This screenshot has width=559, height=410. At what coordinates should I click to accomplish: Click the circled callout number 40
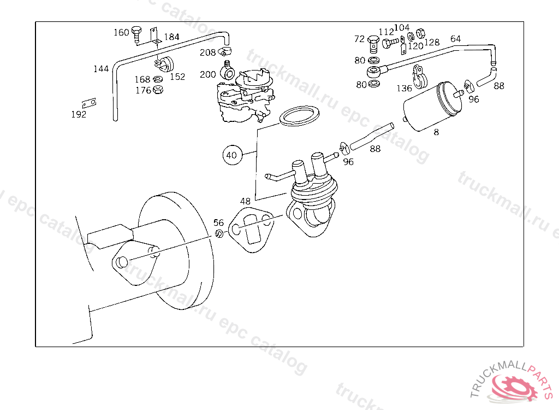(232, 155)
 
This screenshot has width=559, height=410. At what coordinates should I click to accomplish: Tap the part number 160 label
(121, 32)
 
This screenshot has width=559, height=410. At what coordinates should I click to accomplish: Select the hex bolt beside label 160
(136, 34)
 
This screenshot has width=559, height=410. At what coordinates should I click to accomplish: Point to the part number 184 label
(171, 37)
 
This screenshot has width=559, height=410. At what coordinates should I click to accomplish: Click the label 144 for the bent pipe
(101, 68)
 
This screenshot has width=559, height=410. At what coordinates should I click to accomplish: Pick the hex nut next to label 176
(158, 89)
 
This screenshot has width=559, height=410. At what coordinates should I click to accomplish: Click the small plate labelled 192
(89, 103)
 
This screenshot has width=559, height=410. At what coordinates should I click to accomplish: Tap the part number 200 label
(208, 74)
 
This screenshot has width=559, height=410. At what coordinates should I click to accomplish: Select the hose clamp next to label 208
(225, 52)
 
